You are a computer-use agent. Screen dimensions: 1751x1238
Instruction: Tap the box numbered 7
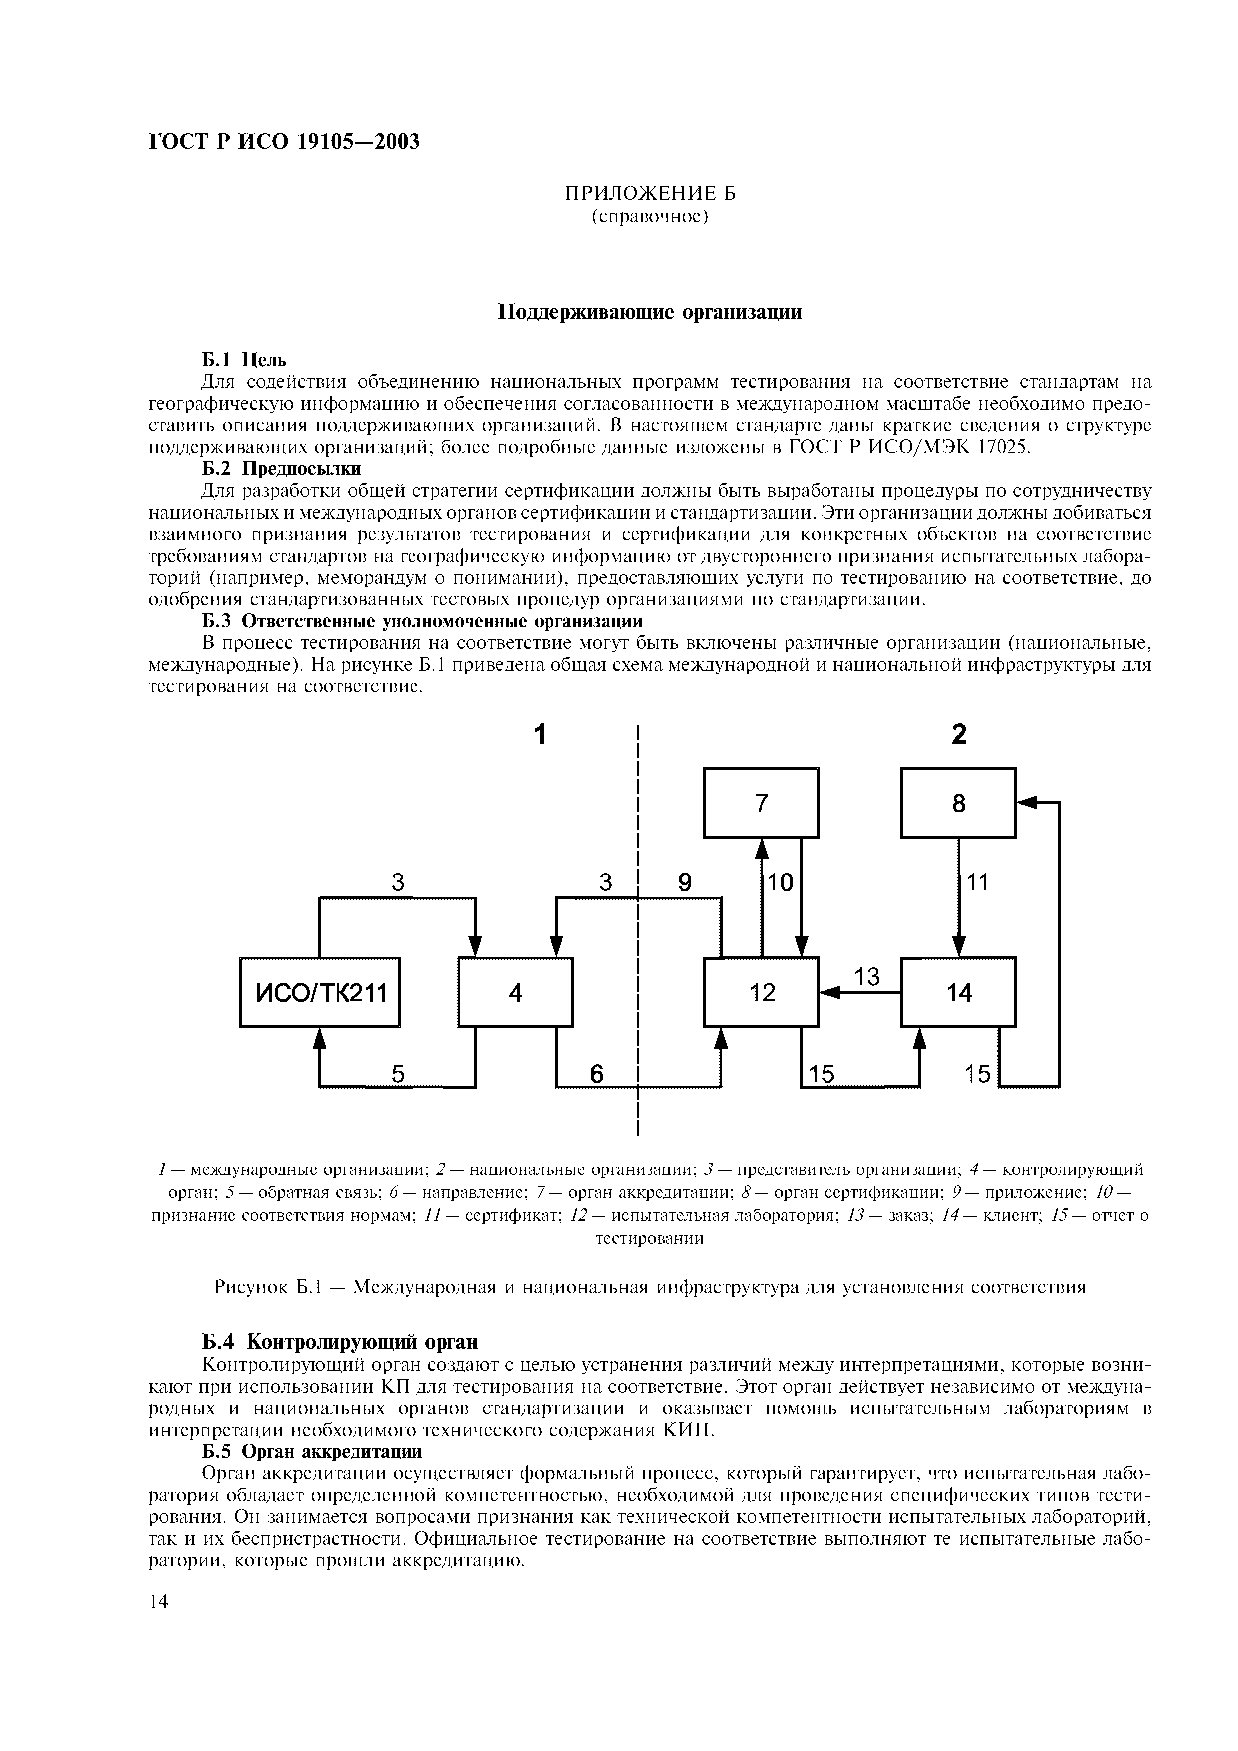click(x=761, y=802)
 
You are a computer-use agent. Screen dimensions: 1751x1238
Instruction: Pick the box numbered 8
click(x=958, y=802)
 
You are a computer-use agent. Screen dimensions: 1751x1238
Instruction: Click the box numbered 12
click(x=761, y=992)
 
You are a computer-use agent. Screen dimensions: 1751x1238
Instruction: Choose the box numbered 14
click(x=958, y=992)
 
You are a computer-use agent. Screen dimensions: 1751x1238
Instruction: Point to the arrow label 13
click(x=866, y=977)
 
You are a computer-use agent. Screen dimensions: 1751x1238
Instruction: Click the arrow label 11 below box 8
click(x=977, y=883)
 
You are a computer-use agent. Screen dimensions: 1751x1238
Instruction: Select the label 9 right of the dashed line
click(x=684, y=883)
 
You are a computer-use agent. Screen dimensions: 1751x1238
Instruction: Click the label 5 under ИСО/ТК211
click(x=398, y=1074)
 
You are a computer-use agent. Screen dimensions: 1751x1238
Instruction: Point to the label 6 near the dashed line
click(x=596, y=1074)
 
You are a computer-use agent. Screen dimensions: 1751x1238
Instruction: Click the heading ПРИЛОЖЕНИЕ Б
click(x=650, y=193)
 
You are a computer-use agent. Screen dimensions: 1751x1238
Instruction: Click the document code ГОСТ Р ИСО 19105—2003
click(x=284, y=142)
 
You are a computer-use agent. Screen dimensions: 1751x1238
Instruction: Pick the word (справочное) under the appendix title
click(x=650, y=217)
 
